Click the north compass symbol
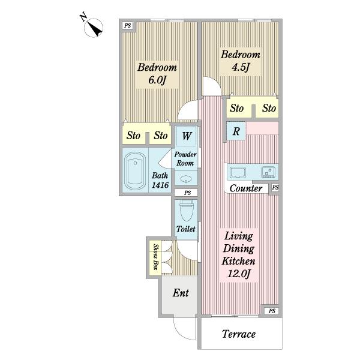click(x=93, y=28)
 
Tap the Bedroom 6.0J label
click(x=157, y=74)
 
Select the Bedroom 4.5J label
click(x=241, y=61)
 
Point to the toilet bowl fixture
click(x=186, y=211)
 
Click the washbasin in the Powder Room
click(x=186, y=179)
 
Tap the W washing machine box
click(x=186, y=136)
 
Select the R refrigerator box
click(x=236, y=131)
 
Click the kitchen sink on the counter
click(x=238, y=172)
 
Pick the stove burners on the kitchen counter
click(x=268, y=172)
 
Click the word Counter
click(x=246, y=188)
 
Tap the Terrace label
click(x=239, y=334)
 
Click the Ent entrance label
click(x=181, y=293)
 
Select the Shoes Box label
click(x=156, y=257)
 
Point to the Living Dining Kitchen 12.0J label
click(x=239, y=255)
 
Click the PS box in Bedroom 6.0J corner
click(x=128, y=25)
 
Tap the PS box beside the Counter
click(x=275, y=188)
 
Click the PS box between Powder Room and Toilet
click(x=187, y=193)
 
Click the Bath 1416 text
click(x=160, y=181)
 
